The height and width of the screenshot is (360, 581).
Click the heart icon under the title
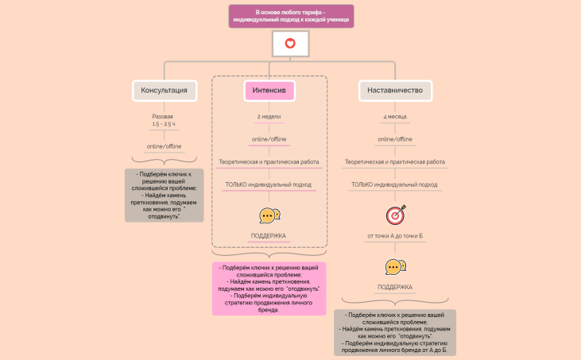(290, 44)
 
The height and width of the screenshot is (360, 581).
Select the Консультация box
(164, 91)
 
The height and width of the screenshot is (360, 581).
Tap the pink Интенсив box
(269, 91)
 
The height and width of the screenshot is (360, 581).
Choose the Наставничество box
(395, 91)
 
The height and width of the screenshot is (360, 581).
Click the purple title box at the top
(290, 16)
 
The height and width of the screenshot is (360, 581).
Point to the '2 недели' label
(269, 117)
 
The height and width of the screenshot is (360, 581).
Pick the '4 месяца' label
(395, 117)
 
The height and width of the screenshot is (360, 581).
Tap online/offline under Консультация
(164, 146)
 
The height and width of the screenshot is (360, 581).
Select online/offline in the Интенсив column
(269, 140)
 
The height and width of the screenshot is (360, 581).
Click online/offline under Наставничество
(395, 140)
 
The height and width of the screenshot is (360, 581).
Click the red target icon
(395, 215)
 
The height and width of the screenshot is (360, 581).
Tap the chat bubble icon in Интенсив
(269, 215)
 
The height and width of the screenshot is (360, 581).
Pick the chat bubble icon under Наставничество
(395, 267)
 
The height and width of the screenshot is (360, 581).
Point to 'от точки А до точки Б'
(395, 236)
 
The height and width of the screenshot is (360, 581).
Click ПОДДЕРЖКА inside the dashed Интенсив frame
(269, 236)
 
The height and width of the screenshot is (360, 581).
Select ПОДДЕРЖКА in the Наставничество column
(395, 288)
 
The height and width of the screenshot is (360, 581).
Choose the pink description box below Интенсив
(269, 288)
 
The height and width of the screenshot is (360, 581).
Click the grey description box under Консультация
(164, 195)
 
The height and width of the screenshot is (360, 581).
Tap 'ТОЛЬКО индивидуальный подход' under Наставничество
(395, 184)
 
